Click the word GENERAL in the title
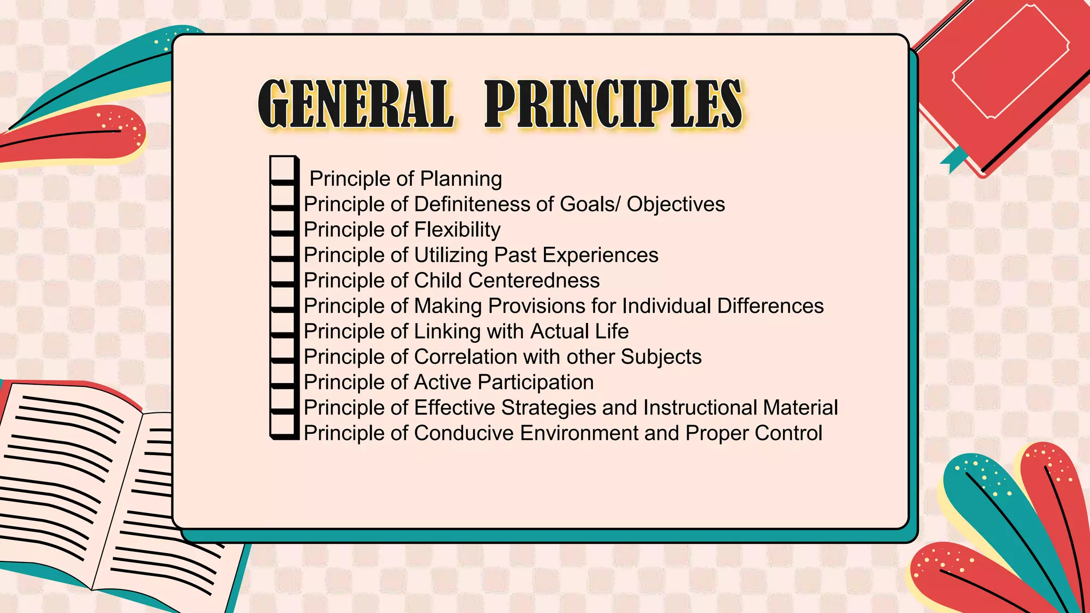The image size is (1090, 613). click(x=356, y=104)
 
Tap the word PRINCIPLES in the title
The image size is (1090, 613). click(x=613, y=104)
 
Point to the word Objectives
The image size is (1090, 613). click(x=675, y=204)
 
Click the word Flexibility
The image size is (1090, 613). click(x=457, y=230)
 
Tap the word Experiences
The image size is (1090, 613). click(x=600, y=255)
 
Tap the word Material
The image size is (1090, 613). click(x=800, y=408)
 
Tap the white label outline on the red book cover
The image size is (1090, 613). click(x=1010, y=61)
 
